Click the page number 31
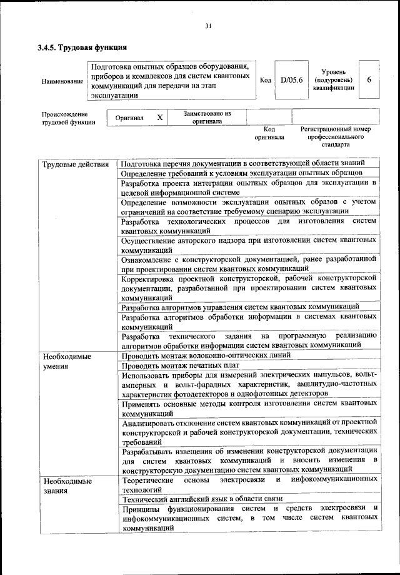tap(208, 26)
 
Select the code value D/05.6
tap(291, 81)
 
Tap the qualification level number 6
tap(369, 81)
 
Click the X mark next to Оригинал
tap(159, 118)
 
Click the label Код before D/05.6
tap(265, 81)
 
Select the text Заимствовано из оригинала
tap(207, 118)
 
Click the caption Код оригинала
tap(269, 133)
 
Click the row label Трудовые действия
tap(71, 165)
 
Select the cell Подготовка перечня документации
tap(247, 163)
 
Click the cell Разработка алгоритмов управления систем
tap(240, 307)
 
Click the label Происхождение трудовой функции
tap(68, 118)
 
